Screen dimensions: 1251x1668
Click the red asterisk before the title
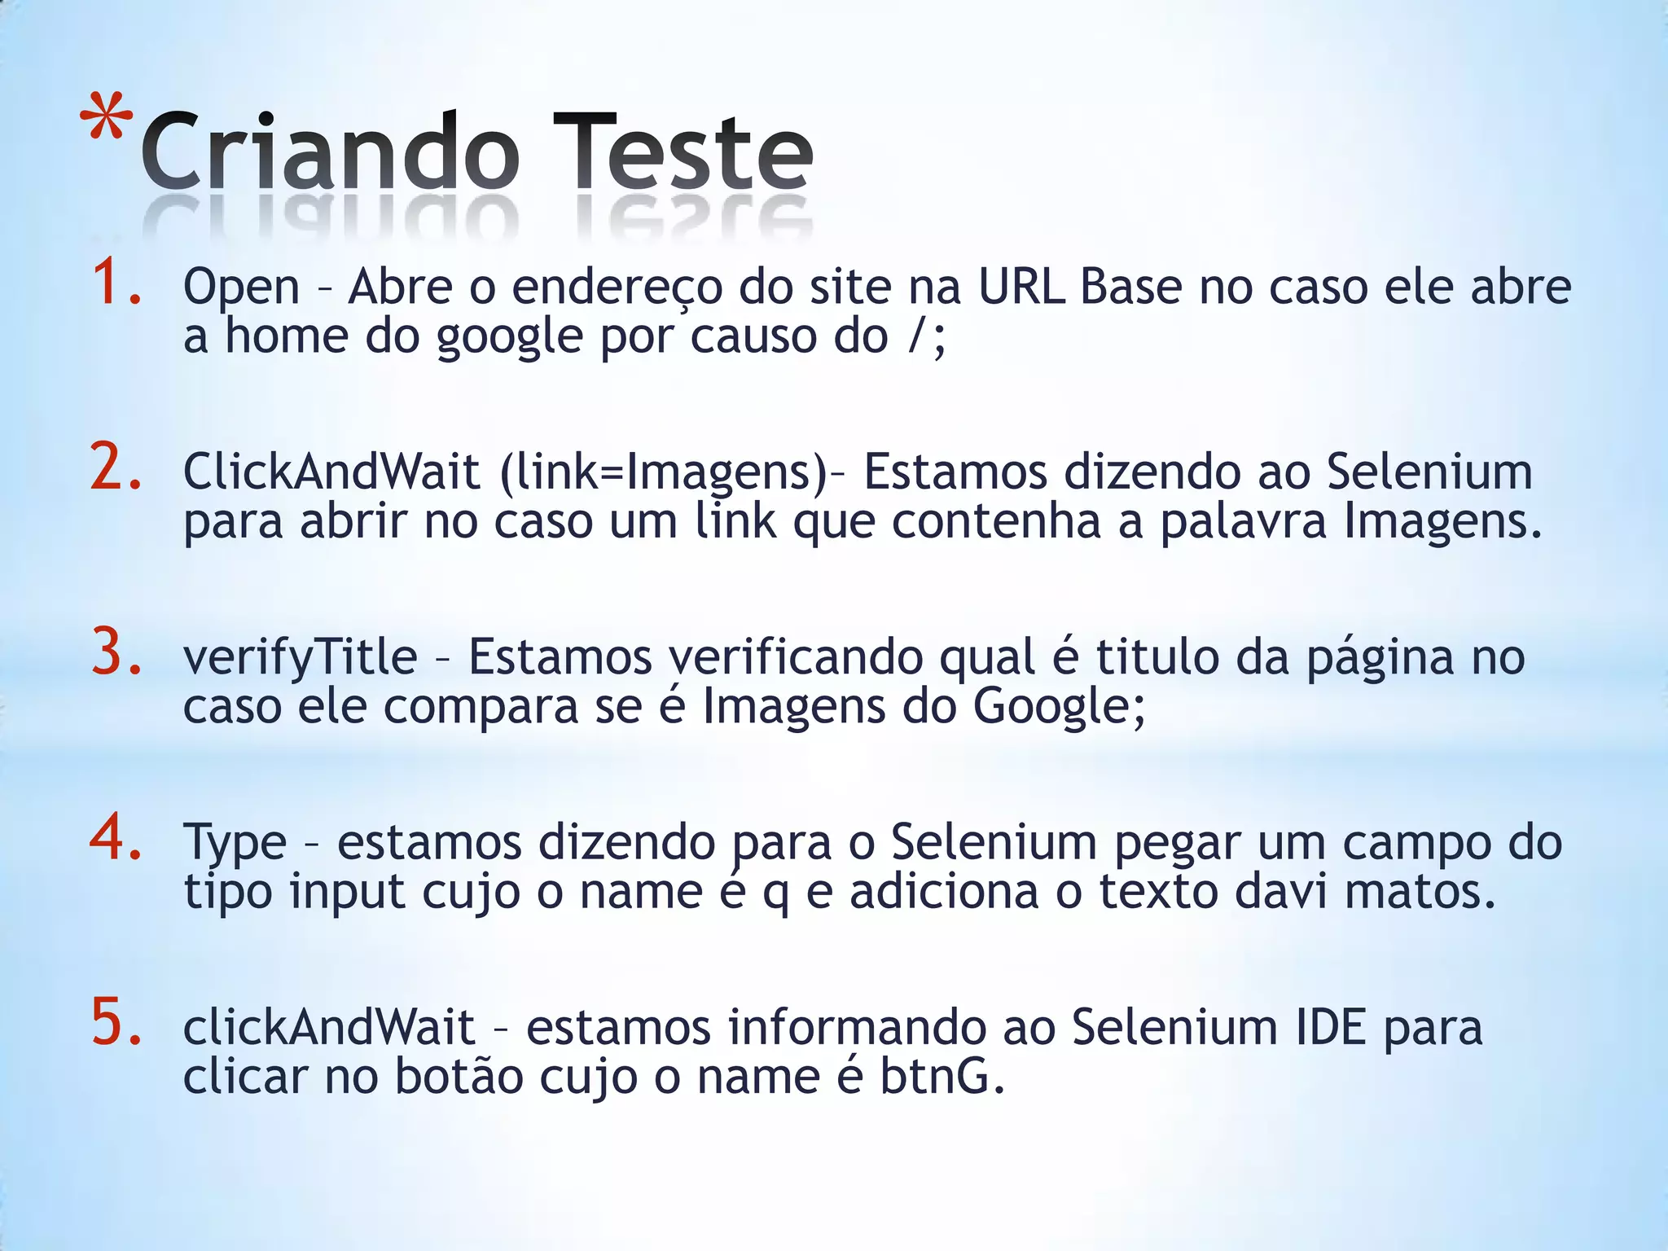coord(108,121)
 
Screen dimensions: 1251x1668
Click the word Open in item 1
coord(242,288)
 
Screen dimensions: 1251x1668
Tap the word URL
coord(1021,287)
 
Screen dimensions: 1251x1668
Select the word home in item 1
coord(286,336)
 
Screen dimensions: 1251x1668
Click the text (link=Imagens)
coord(665,472)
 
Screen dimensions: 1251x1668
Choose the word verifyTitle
coord(300,658)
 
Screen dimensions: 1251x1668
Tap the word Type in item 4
coord(235,844)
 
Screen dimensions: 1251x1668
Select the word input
coord(347,893)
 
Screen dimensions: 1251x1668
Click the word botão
coord(459,1077)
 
